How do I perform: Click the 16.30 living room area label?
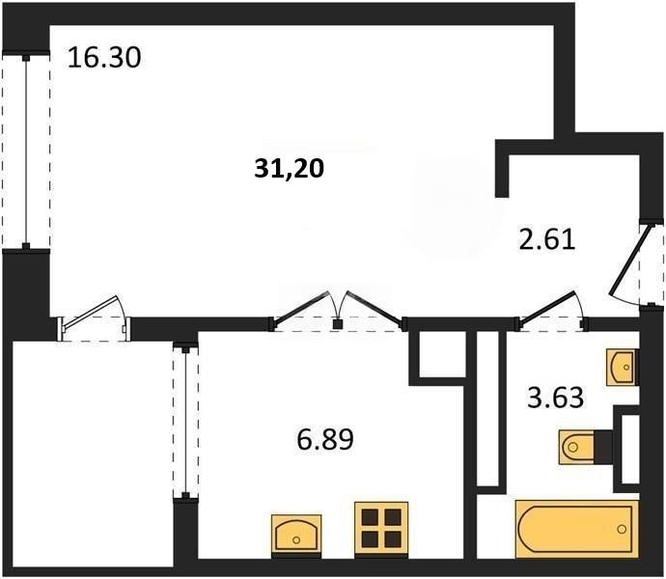click(104, 58)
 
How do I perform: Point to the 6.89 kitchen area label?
click(324, 441)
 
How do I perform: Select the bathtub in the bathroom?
click(576, 528)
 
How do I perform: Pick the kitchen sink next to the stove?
click(297, 533)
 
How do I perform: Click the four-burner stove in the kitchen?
click(378, 527)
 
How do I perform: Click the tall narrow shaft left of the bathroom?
click(489, 410)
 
